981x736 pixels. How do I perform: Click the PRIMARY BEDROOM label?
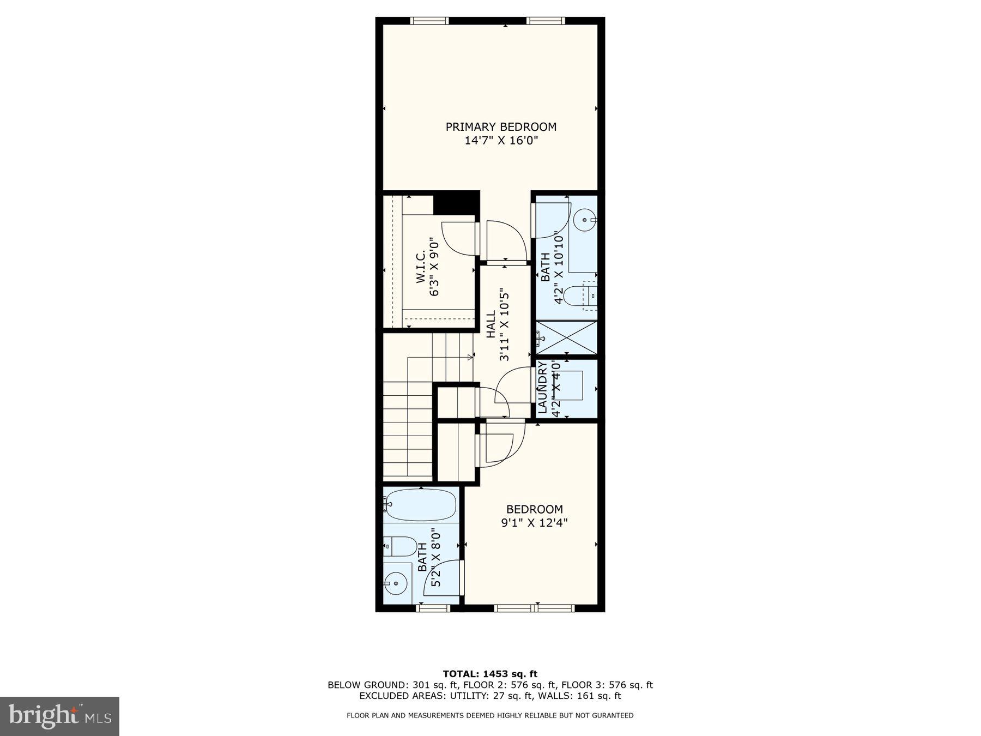(501, 127)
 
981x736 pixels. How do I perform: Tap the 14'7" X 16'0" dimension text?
(501, 141)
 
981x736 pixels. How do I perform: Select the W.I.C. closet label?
(421, 267)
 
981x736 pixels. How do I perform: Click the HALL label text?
(491, 324)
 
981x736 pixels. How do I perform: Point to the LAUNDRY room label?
(543, 388)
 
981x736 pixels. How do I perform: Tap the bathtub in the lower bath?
(420, 505)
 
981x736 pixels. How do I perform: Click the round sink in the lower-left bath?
(396, 584)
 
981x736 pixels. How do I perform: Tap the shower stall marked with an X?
(567, 338)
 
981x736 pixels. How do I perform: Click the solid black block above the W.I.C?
(456, 203)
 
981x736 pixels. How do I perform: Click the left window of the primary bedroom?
(429, 21)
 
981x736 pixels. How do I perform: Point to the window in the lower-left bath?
(433, 607)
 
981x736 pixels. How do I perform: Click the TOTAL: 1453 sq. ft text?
(490, 674)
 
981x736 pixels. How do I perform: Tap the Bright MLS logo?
(60, 716)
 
